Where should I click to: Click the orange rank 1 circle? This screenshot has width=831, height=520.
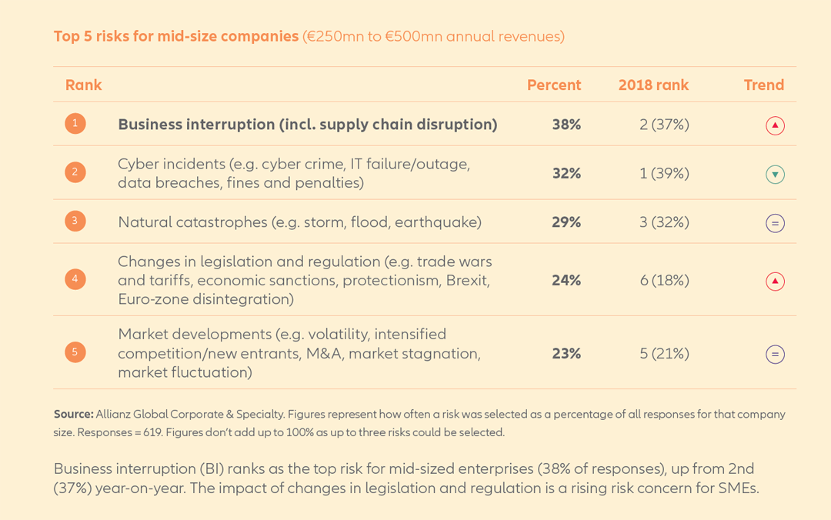75,123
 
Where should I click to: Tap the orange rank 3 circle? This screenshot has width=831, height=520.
75,222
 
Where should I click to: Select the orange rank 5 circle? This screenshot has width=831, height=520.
75,352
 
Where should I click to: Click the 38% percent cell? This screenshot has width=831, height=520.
566,125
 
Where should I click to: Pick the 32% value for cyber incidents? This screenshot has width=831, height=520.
566,174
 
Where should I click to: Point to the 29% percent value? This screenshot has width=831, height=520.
566,222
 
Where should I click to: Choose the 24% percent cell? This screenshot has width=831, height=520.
566,281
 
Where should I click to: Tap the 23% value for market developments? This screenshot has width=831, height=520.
566,354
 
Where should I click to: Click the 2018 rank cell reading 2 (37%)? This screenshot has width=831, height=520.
664,125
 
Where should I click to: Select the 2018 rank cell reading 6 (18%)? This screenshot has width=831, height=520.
664,281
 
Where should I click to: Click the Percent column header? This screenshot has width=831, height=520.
554,85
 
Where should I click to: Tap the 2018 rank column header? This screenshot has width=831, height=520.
653,85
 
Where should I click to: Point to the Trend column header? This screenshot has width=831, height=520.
763,85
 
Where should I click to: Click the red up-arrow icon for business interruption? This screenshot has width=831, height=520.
775,125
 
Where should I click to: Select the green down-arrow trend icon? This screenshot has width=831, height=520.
775,175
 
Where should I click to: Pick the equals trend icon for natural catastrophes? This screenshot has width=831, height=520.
775,224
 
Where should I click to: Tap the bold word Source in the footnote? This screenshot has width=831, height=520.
73,414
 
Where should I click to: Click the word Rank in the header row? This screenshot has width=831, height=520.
83,85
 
